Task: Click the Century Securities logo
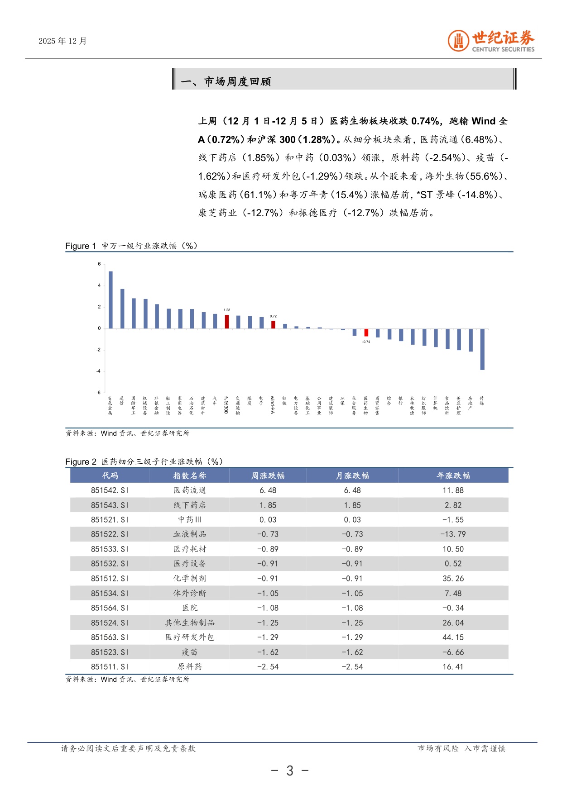(x=491, y=41)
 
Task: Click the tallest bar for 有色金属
(x=110, y=300)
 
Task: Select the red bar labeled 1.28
(x=227, y=321)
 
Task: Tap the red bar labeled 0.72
(x=273, y=324)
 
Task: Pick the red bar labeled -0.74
(x=366, y=333)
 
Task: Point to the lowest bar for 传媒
(x=482, y=349)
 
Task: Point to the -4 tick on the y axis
(x=99, y=371)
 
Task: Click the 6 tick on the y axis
(x=99, y=264)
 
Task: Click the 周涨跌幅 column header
(x=268, y=475)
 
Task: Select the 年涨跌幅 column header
(x=453, y=475)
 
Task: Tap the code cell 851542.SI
(x=110, y=490)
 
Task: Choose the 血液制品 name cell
(x=190, y=534)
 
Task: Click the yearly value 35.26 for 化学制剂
(x=453, y=579)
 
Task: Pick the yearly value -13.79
(x=453, y=534)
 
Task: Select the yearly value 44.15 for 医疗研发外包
(x=453, y=637)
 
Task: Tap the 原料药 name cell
(x=190, y=667)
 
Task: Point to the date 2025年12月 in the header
(x=62, y=41)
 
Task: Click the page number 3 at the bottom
(x=290, y=770)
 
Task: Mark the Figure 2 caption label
(x=81, y=462)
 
